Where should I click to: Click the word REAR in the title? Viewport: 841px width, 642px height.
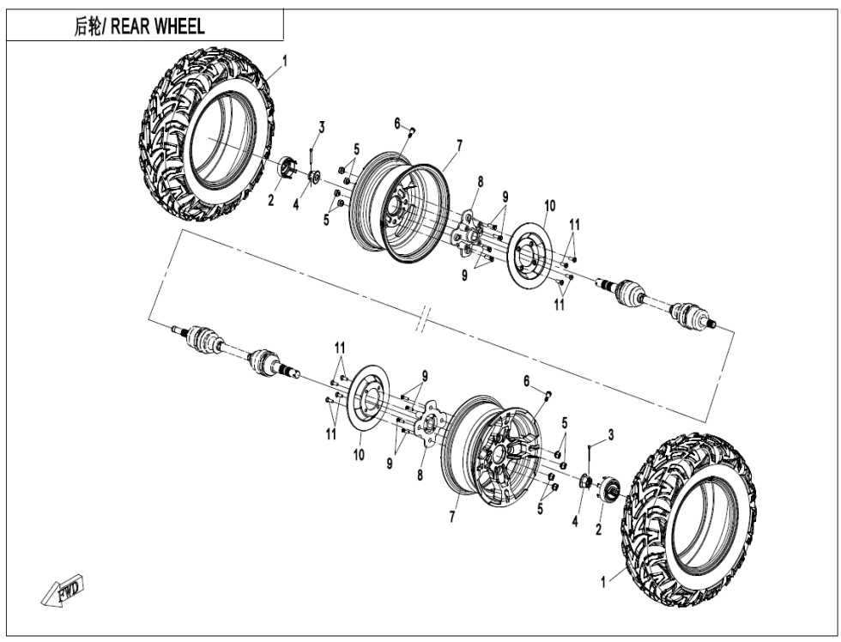point(131,27)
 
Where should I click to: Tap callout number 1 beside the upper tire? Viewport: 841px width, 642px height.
point(285,60)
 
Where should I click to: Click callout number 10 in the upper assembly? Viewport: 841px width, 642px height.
point(549,205)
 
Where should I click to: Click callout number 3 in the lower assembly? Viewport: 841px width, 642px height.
point(610,435)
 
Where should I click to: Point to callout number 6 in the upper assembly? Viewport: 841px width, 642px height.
point(398,124)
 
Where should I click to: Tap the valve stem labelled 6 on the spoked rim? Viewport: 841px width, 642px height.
point(548,394)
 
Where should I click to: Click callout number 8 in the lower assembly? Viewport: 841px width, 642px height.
point(419,476)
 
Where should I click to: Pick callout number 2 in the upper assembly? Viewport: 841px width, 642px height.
point(270,200)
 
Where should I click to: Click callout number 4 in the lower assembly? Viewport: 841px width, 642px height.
point(575,520)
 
